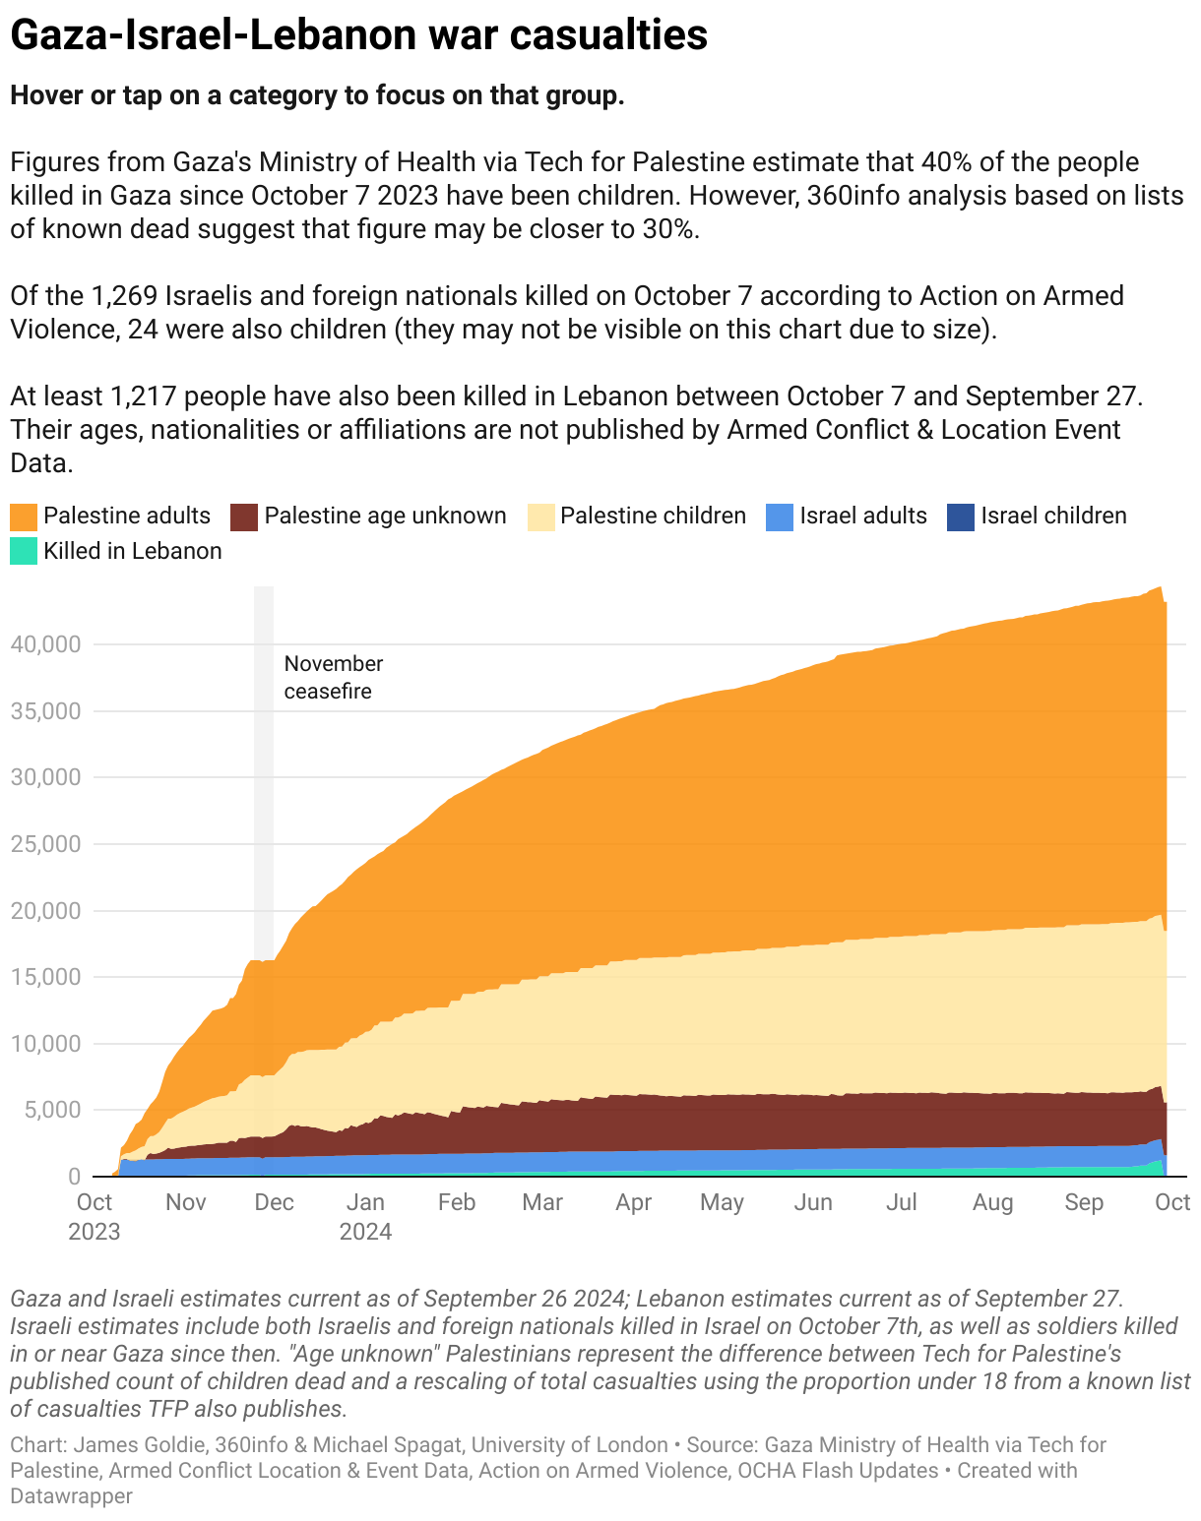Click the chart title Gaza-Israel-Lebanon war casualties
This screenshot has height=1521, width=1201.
coord(358,35)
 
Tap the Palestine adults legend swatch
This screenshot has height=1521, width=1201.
coord(24,517)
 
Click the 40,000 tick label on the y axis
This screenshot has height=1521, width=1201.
coord(44,644)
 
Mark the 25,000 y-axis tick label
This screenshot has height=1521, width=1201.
coord(44,844)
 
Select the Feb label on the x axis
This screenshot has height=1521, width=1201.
coord(457,1202)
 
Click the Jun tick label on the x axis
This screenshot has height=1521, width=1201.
coord(813,1202)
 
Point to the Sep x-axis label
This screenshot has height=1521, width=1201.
coord(1084,1202)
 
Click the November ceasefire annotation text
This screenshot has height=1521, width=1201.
coord(333,678)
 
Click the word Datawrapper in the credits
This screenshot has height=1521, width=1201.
coord(71,1496)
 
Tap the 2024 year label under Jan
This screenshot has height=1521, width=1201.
coord(365,1232)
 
